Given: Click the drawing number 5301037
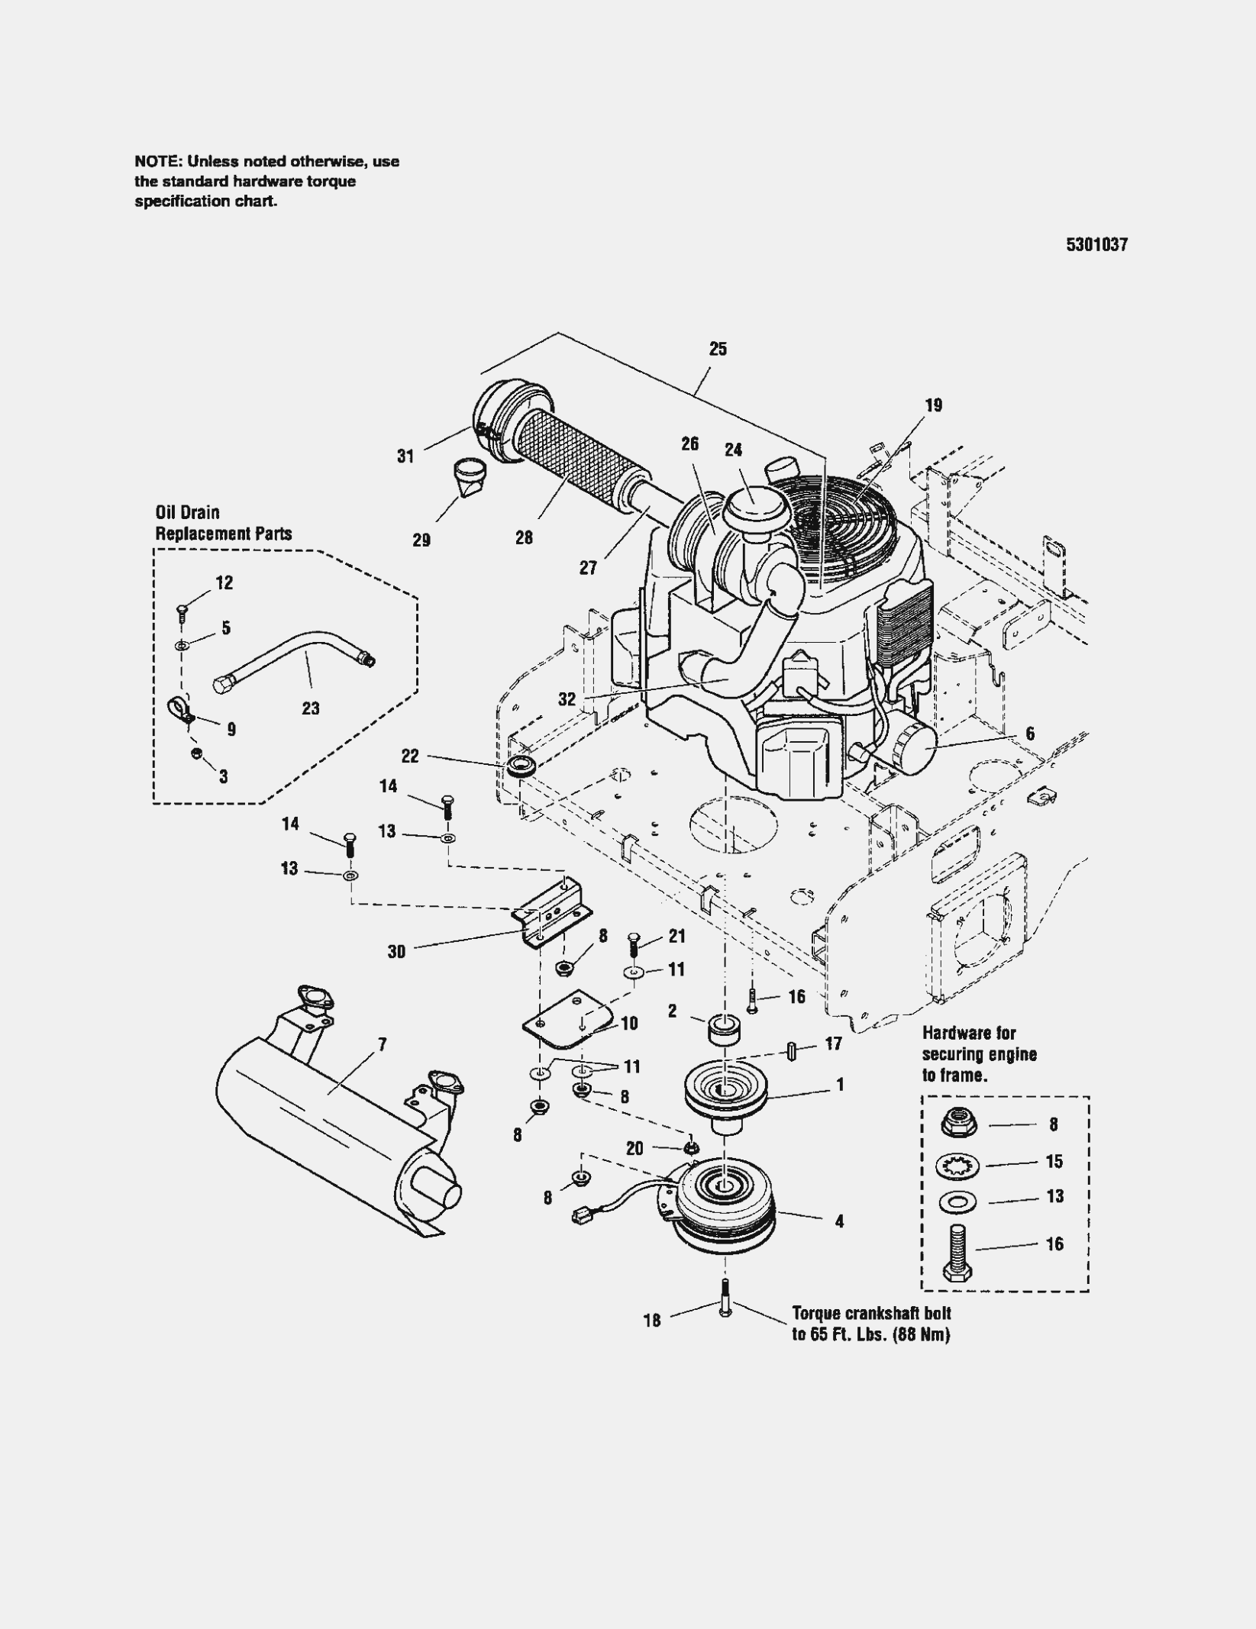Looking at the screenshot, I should pos(1096,245).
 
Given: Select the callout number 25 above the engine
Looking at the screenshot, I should pos(718,349).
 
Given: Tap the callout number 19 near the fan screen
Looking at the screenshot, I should pos(933,405).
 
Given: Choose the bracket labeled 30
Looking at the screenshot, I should pos(552,912).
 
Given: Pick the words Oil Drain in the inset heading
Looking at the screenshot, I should pos(187,513).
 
